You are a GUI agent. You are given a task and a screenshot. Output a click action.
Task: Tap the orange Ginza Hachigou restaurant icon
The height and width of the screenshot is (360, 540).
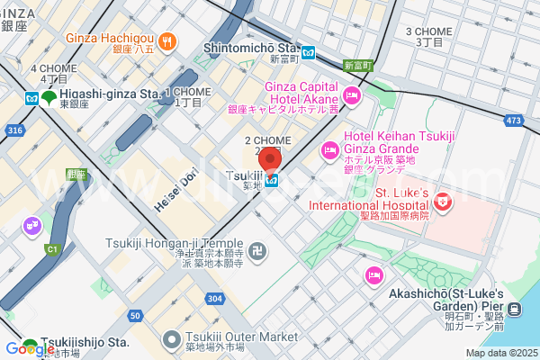[166, 41]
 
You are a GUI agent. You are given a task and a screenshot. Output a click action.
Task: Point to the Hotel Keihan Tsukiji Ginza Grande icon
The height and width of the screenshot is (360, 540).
[328, 145]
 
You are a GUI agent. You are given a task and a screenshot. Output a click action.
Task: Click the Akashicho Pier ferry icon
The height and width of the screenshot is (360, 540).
[515, 310]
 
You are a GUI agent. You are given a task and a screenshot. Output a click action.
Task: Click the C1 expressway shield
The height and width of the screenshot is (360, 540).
[51, 248]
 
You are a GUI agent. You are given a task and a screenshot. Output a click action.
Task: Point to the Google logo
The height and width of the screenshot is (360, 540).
[30, 348]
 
